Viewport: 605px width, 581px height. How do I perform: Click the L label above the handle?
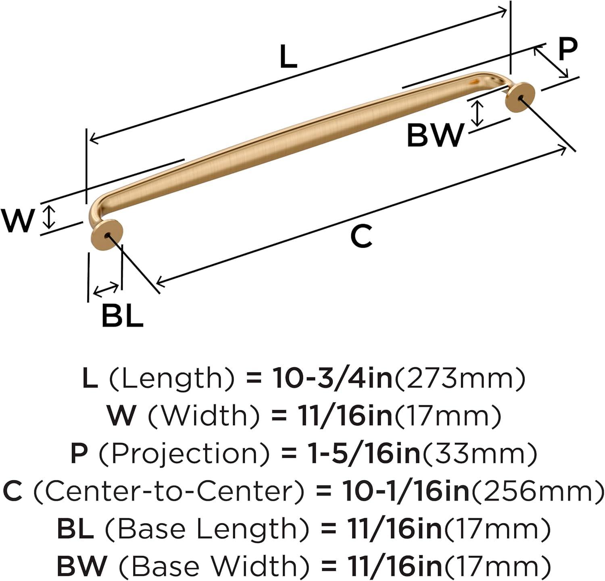288,57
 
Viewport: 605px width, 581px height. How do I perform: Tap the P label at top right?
567,49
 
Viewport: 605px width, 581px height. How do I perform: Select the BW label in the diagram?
435,135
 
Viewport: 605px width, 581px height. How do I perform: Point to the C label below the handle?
361,237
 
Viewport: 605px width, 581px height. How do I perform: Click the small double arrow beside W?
49,216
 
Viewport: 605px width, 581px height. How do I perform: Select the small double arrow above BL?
106,289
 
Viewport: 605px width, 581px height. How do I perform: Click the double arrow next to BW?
478,113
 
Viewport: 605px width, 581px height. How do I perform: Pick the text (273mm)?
459,378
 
